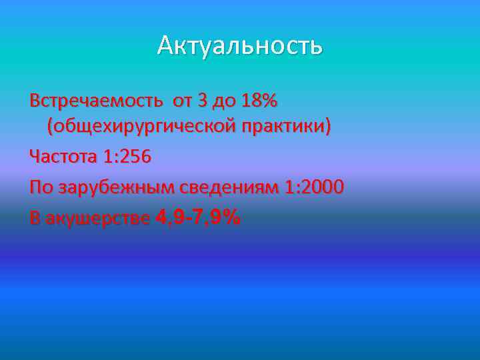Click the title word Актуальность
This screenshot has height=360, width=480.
click(x=240, y=46)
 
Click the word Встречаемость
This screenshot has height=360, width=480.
click(x=95, y=101)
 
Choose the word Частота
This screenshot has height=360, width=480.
click(x=63, y=157)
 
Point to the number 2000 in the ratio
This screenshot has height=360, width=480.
click(x=325, y=188)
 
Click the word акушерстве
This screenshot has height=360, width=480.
click(x=97, y=219)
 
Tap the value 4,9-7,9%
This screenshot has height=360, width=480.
click(x=197, y=217)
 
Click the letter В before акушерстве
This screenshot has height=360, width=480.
click(x=35, y=219)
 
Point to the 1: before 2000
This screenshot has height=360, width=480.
click(x=294, y=188)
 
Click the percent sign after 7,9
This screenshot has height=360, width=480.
click(x=231, y=217)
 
